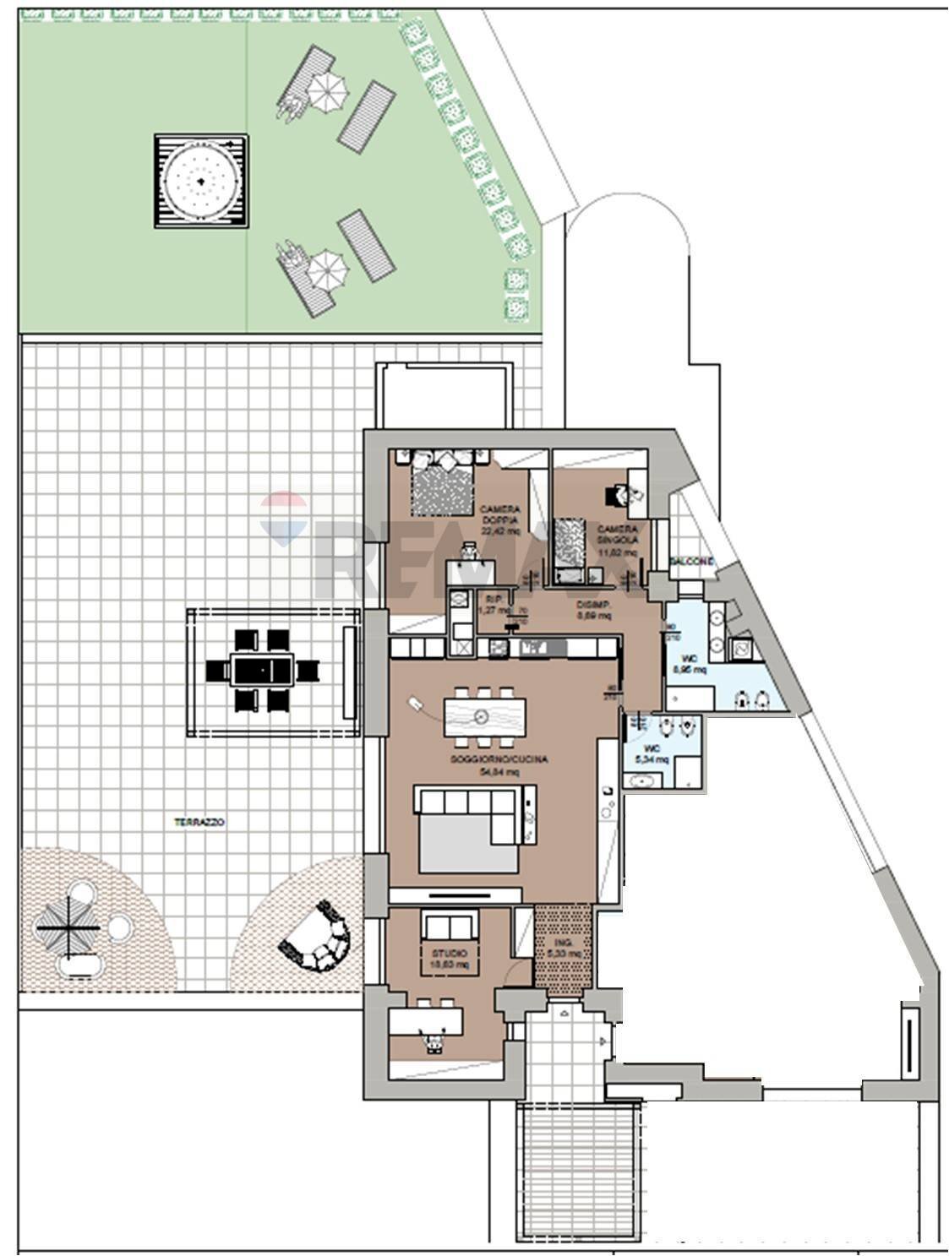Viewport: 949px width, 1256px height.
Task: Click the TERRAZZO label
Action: (199, 822)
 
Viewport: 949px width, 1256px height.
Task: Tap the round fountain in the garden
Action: (201, 181)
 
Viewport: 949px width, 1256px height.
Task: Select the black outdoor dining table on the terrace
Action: (263, 671)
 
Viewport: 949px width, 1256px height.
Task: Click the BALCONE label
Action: (691, 562)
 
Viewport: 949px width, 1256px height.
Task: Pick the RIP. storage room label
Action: (493, 604)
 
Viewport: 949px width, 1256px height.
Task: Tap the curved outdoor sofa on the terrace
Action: (316, 944)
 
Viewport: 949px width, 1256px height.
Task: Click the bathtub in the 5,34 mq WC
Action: (648, 782)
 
